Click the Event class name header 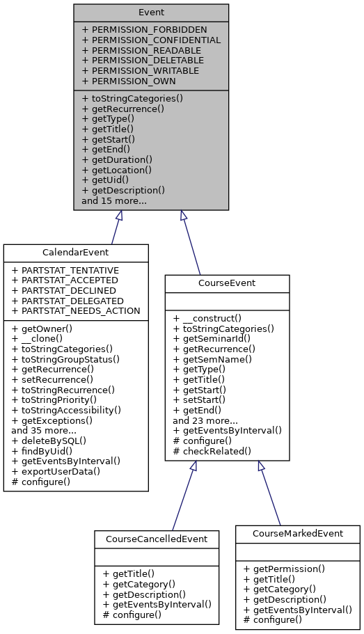coord(151,13)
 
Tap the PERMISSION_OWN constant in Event coord(129,81)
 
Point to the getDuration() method coord(117,159)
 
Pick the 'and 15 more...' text coord(113,200)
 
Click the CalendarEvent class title coord(76,253)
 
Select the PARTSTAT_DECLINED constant coord(65,290)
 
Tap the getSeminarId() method coord(213,338)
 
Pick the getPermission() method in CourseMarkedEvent coord(285,568)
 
